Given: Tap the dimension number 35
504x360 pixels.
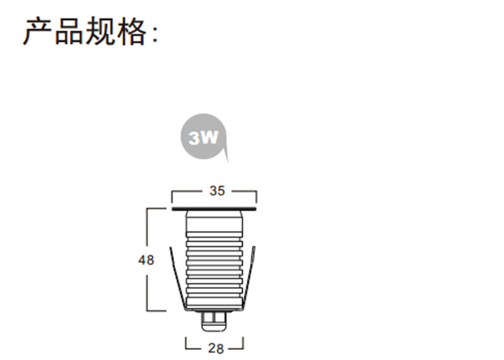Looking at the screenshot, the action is (217, 191).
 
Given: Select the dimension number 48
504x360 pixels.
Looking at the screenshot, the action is (146, 260).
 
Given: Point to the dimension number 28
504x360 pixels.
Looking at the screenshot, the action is (215, 347).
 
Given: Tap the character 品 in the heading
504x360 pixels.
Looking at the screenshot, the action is (69, 31).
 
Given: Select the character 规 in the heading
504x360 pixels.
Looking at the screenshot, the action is (100, 31).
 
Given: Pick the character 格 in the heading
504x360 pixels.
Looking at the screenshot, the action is (131, 31).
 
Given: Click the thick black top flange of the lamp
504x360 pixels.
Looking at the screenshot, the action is (215, 207).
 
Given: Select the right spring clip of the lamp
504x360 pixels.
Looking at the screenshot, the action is (251, 277).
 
